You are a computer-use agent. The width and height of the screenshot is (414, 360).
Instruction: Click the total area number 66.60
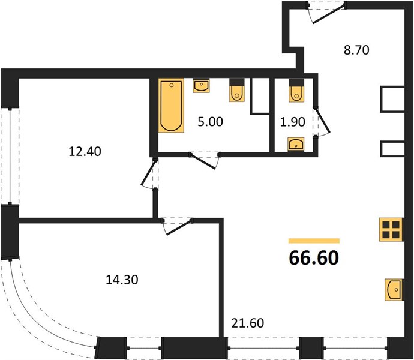coord(314,257)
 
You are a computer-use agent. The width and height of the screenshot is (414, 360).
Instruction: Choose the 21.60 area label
coord(247,323)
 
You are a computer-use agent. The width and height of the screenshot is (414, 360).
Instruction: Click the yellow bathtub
coord(171,106)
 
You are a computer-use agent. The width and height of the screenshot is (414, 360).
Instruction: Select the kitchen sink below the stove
coord(394,289)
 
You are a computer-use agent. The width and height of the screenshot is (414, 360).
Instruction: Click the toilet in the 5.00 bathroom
coord(237,92)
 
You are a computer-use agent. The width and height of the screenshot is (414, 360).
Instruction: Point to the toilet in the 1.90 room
coord(296,92)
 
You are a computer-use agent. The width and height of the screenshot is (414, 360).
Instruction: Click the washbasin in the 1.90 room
coord(296,143)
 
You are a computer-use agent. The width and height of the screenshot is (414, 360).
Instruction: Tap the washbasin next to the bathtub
coord(202,86)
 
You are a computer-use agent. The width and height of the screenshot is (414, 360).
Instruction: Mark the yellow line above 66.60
coord(314,239)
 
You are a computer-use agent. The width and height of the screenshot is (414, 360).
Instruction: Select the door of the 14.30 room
coord(177,224)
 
